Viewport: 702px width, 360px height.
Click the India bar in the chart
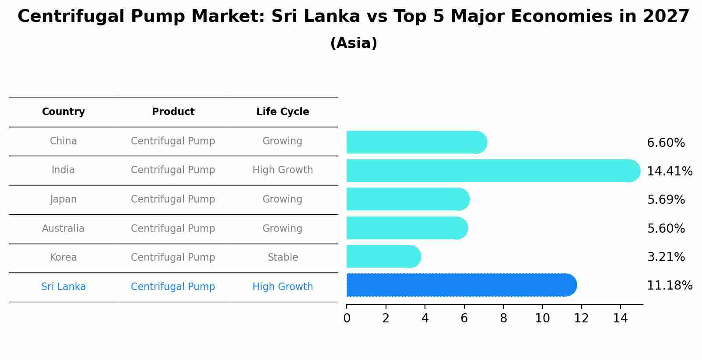coord(490,171)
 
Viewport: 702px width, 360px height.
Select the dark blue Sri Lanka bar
coord(460,285)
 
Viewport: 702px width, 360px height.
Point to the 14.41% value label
coord(669,171)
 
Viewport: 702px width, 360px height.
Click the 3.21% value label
coord(666,257)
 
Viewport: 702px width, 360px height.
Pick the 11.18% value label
coord(669,286)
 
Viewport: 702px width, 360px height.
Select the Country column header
coord(63,112)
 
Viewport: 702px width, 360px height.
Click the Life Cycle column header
coord(283,112)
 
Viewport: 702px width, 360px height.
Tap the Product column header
coord(173,112)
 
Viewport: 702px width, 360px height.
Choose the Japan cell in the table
coord(63,199)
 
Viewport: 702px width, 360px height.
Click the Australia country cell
coord(63,228)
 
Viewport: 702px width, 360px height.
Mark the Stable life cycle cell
coord(283,258)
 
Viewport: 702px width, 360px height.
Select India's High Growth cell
coord(283,170)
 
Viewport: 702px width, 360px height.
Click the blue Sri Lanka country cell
coord(63,287)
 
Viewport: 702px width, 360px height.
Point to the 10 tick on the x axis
coord(542,318)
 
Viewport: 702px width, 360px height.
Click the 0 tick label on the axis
coord(347,318)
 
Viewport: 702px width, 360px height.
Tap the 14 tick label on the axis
coord(620,318)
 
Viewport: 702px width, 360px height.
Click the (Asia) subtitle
coord(354,43)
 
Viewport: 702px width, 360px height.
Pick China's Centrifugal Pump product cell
coord(173,141)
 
